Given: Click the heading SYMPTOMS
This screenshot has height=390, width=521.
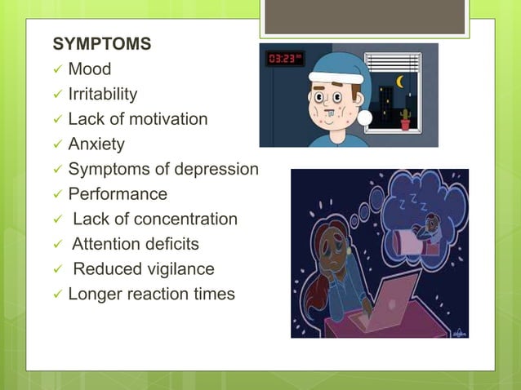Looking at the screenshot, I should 101,44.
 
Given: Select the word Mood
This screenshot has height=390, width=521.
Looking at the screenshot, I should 90,69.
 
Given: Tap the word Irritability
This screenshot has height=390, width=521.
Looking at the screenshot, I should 103,94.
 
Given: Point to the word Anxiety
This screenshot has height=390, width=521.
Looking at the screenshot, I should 96,144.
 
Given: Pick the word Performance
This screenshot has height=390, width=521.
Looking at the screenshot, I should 118,194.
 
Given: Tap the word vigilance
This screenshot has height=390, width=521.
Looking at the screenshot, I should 176,269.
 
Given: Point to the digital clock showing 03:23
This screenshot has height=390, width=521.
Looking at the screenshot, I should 285,60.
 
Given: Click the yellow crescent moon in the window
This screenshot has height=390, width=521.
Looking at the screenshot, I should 400,82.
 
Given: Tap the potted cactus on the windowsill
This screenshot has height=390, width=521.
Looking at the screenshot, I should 405,120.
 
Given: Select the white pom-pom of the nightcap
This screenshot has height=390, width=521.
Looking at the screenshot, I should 364,119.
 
